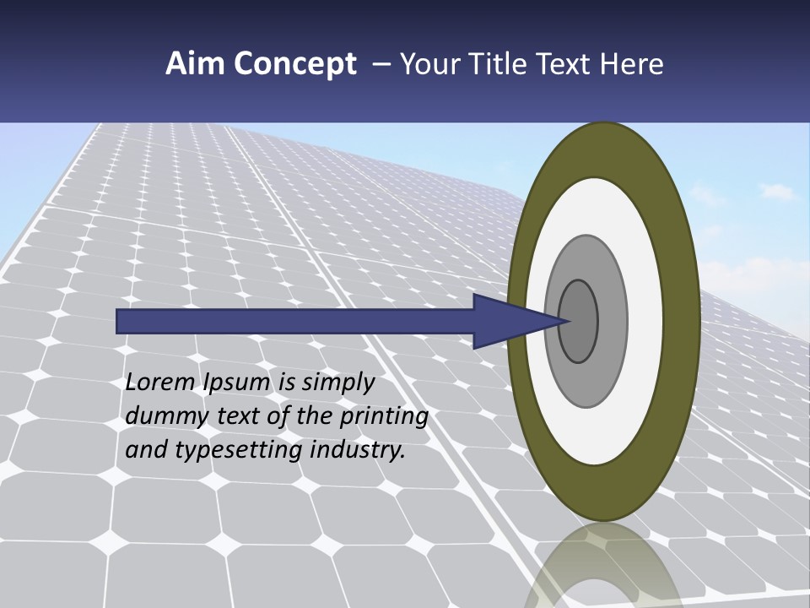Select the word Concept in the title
pos(294,65)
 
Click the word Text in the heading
pos(566,64)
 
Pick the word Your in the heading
pos(430,64)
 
